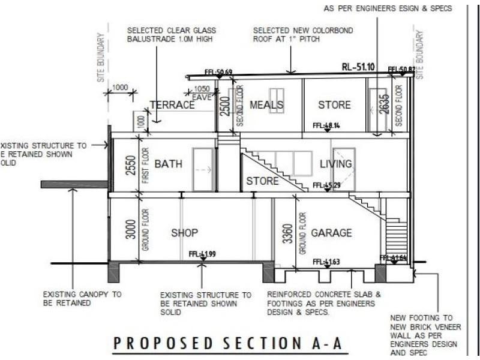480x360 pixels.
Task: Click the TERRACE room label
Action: (x=172, y=105)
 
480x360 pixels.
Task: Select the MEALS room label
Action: (x=266, y=105)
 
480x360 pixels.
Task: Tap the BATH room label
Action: (x=169, y=164)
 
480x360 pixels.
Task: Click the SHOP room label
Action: (x=184, y=233)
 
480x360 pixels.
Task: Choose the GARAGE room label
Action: (x=331, y=233)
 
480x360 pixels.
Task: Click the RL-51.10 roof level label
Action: (x=358, y=67)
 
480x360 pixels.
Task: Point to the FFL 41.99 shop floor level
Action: (x=202, y=254)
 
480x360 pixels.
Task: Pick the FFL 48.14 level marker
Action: (x=326, y=126)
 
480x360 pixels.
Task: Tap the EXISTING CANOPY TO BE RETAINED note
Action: (x=82, y=299)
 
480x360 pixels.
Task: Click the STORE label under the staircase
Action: (x=262, y=181)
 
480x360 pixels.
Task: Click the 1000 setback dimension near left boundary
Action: (x=120, y=88)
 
